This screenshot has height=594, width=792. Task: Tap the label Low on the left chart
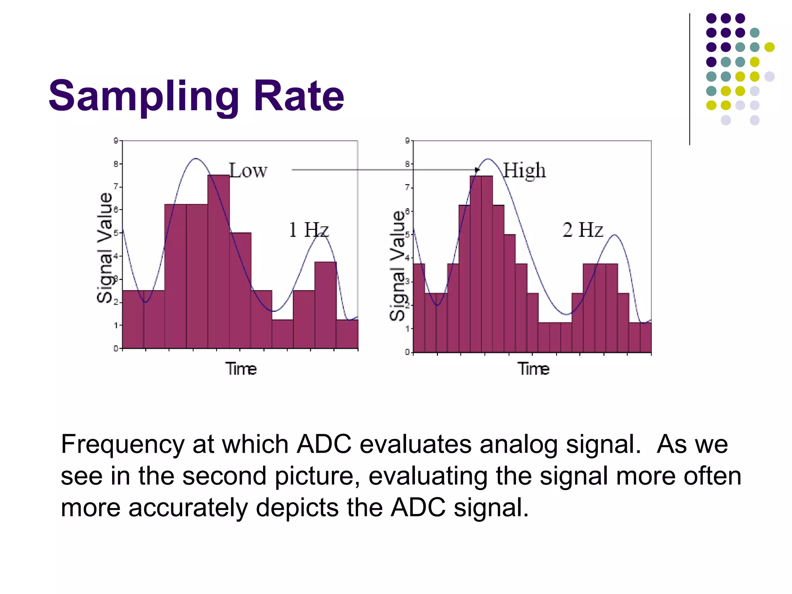pyautogui.click(x=248, y=171)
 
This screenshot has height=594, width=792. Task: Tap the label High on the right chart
pyautogui.click(x=524, y=171)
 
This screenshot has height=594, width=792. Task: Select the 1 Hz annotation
pyautogui.click(x=309, y=230)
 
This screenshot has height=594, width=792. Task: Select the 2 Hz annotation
pyautogui.click(x=582, y=230)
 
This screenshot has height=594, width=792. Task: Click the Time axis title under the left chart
pyautogui.click(x=241, y=369)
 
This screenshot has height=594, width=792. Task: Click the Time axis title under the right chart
pyautogui.click(x=533, y=369)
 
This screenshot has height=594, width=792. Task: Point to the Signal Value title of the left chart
pyautogui.click(x=104, y=247)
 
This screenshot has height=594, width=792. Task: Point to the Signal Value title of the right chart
pyautogui.click(x=397, y=266)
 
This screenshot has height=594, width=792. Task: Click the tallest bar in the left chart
pyautogui.click(x=218, y=263)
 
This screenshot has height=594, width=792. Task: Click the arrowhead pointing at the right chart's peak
pyautogui.click(x=478, y=170)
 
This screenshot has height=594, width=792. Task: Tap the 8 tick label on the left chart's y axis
pyautogui.click(x=116, y=164)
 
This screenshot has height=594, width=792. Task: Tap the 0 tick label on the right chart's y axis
pyautogui.click(x=407, y=352)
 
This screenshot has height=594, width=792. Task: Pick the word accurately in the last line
pyautogui.click(x=188, y=508)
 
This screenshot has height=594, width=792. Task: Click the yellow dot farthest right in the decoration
pyautogui.click(x=769, y=47)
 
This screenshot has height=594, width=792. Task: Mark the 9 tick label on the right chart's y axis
pyautogui.click(x=407, y=141)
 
